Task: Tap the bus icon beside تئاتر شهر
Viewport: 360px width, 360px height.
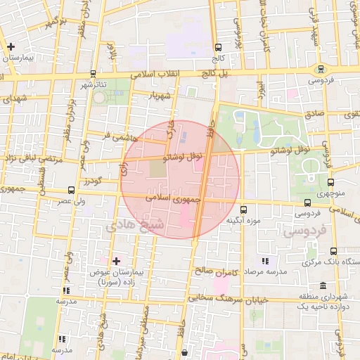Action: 94,72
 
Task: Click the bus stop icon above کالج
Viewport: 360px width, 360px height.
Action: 217,48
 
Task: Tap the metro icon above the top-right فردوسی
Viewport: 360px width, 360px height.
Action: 321,69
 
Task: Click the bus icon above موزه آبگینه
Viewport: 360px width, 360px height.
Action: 243,209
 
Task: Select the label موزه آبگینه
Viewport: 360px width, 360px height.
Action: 243,221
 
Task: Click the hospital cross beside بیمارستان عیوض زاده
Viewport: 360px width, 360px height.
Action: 117,261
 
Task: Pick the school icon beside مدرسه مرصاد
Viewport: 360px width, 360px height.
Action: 264,261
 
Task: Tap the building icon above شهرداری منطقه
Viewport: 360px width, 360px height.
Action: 322,285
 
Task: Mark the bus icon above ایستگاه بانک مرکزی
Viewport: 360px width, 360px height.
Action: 333,251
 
